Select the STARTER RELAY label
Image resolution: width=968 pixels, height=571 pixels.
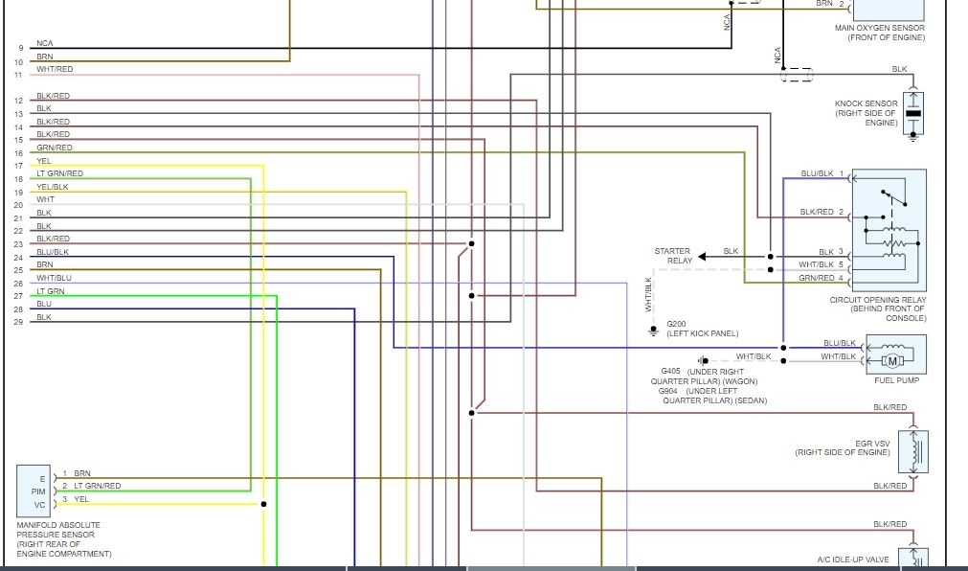pos(672,256)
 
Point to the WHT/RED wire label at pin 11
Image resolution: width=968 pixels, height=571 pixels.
pos(55,70)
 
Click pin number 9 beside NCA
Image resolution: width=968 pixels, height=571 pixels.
pos(19,48)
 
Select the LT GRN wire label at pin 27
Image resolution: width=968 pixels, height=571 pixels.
pos(51,291)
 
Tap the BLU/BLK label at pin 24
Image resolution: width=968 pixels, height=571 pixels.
pos(53,252)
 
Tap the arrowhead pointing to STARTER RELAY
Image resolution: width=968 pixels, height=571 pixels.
pos(701,257)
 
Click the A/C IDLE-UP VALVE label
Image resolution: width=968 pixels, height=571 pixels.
pos(853,560)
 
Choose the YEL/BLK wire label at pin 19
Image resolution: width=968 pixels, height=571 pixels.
pos(53,187)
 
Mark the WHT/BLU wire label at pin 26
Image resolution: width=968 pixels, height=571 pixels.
pos(54,278)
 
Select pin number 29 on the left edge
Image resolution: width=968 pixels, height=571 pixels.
pos(18,322)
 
